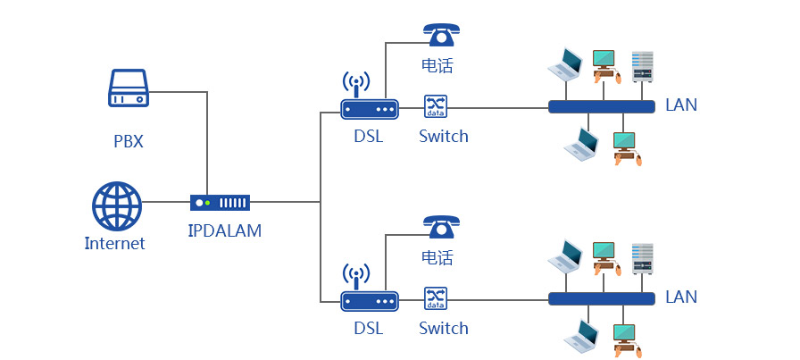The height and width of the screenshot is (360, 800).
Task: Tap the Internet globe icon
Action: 117,206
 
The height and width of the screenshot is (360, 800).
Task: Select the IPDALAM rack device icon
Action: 220,203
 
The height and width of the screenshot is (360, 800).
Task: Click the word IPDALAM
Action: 225,230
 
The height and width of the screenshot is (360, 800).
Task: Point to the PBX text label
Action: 129,141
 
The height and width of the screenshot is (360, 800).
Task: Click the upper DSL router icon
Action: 369,108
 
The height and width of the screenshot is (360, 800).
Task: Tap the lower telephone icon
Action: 441,226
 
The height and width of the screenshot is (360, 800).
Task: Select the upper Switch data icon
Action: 435,107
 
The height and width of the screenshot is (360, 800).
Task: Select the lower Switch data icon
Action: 435,298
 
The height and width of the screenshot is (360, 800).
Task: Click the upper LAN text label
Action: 681,105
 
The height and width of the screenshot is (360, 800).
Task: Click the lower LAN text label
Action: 681,297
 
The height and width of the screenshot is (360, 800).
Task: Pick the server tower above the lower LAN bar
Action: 643,258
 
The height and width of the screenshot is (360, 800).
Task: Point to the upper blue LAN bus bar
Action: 600,107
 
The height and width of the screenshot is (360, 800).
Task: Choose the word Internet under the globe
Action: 114,243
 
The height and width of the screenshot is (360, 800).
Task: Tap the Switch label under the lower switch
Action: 444,328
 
